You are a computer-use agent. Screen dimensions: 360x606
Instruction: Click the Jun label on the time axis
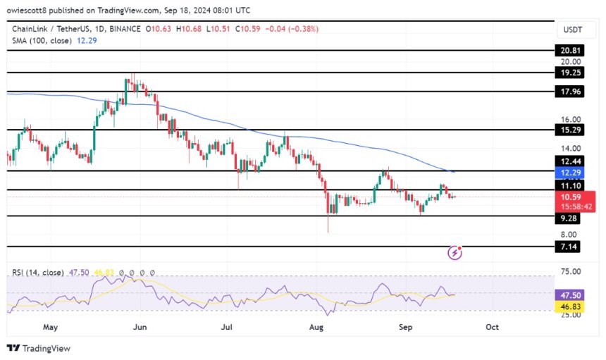click(140, 327)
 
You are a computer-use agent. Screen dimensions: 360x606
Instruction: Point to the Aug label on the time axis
click(316, 327)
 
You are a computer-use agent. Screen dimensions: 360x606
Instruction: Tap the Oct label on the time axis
click(493, 327)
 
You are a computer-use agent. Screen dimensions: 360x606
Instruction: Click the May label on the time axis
click(50, 327)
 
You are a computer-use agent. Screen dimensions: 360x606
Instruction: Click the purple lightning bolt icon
click(455, 252)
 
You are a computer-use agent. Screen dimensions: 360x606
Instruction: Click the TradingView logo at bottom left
click(39, 348)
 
